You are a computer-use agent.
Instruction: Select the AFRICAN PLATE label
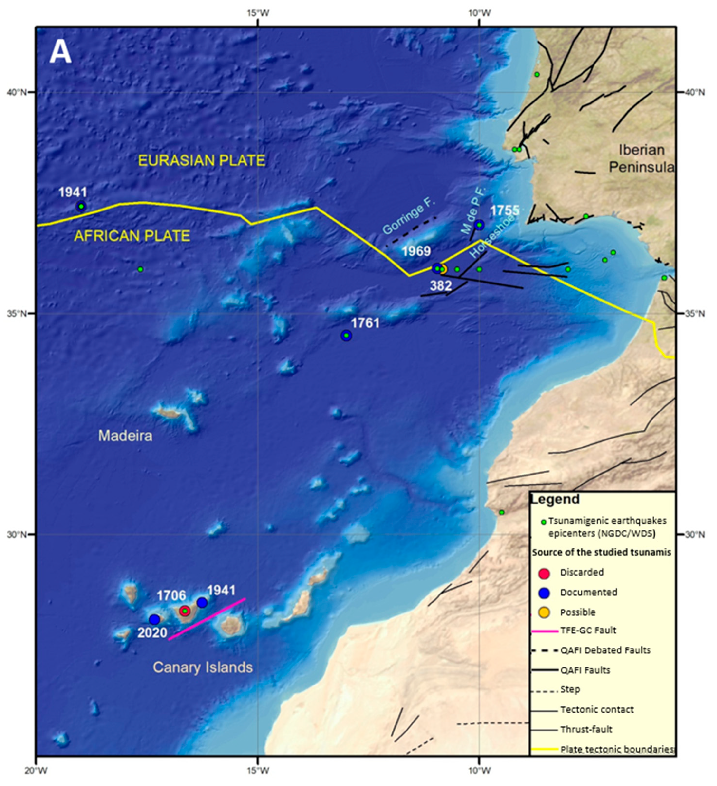tap(132, 236)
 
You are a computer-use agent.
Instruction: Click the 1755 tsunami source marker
tap(479, 225)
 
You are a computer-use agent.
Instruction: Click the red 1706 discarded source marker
tap(185, 611)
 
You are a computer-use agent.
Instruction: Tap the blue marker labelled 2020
tap(155, 619)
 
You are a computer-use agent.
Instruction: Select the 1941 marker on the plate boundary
tap(81, 206)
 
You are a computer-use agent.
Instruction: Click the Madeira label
tap(125, 436)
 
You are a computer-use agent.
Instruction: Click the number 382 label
tap(441, 286)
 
